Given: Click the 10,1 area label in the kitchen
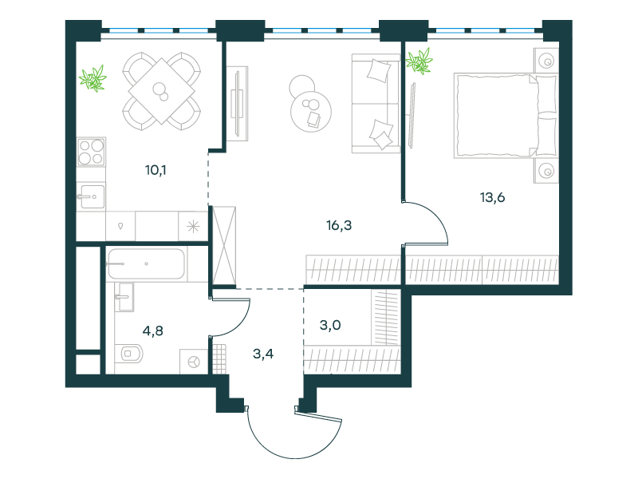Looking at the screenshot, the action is coord(156,170).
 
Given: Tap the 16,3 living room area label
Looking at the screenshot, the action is coord(339,225).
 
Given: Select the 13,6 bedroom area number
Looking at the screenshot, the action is coord(492,197).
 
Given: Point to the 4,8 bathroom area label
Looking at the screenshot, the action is coord(152,331).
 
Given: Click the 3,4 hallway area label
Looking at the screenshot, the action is coord(263,354).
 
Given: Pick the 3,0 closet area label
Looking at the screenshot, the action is coord(330,325).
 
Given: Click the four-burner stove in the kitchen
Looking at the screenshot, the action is coord(91,152).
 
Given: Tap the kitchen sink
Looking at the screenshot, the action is coord(91,196).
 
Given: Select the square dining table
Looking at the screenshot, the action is coord(162,91).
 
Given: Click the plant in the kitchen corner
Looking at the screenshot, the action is coord(93,78).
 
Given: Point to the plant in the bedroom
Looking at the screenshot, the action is coord(419,61).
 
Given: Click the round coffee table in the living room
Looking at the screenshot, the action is coord(311,111).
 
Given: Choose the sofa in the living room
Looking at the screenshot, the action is coord(376,104).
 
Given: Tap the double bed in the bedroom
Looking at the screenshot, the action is coord(505,116).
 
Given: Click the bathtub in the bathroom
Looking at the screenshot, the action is coord(146,264).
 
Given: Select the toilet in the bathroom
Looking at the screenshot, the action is coord(129,354).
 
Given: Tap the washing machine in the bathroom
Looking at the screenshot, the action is coord(194,362).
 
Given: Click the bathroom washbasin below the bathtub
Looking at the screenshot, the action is coord(124,297).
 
